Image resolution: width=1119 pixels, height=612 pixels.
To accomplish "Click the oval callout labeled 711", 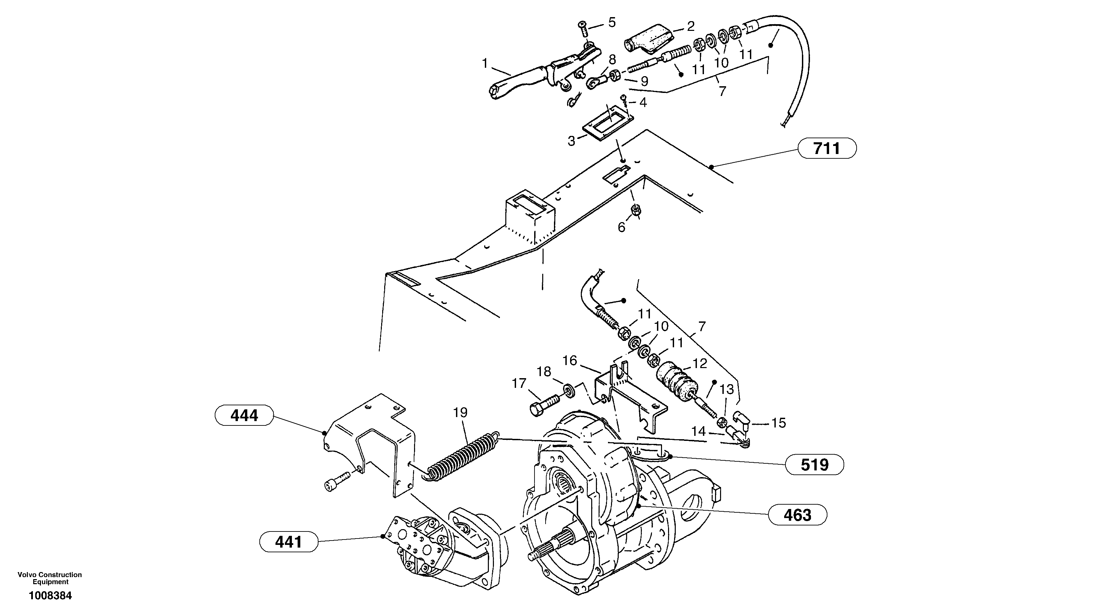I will (x=827, y=149).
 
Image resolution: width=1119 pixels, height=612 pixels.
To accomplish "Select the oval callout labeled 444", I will (x=244, y=416).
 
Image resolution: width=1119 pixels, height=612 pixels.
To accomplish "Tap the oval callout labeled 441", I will (x=289, y=542).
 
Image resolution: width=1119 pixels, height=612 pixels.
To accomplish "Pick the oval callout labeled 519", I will (x=814, y=465).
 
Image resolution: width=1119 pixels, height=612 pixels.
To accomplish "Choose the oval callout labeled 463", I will (x=798, y=515).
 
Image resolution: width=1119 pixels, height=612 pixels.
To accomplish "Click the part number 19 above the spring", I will (x=460, y=412).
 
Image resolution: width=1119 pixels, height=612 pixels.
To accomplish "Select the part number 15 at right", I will (x=778, y=423).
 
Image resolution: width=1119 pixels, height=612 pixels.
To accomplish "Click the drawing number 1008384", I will (x=50, y=596).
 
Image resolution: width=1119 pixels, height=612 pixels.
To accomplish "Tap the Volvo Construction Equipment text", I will (x=50, y=578).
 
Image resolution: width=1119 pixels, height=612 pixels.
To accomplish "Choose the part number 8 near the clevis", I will (x=612, y=59).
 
